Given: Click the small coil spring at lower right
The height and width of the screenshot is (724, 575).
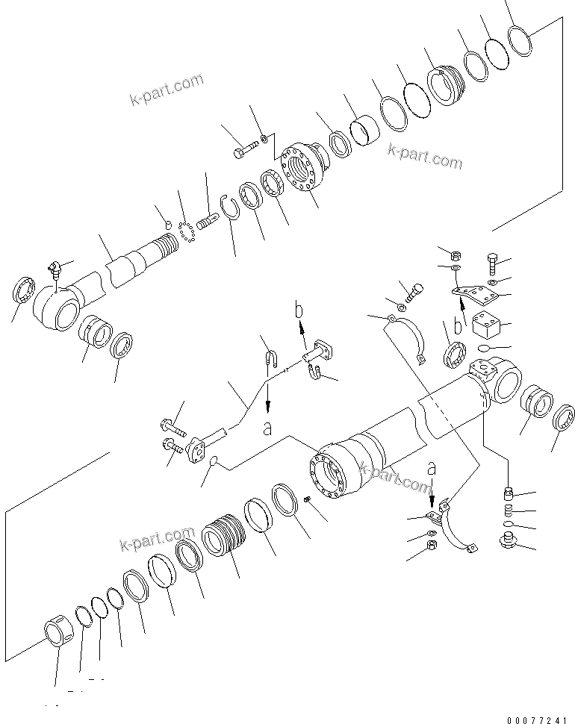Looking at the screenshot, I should tap(509, 511).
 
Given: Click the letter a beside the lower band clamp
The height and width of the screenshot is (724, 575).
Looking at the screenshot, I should tap(431, 469).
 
